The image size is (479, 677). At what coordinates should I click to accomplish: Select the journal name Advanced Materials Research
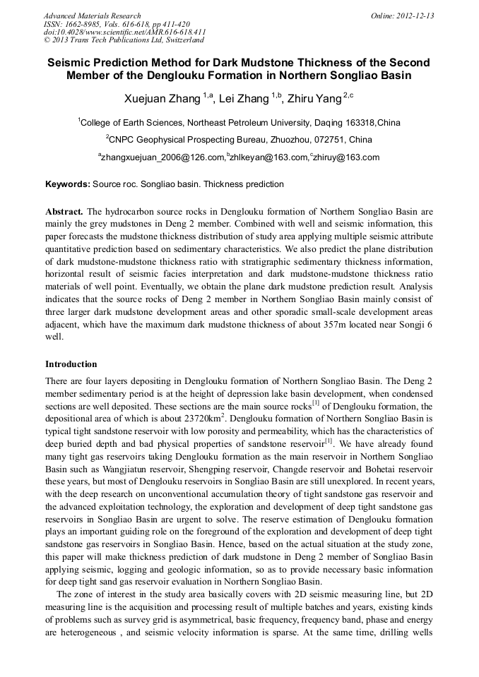point(92,16)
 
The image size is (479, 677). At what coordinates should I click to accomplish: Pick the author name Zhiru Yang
point(318,97)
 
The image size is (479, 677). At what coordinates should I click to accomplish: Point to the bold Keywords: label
point(68,184)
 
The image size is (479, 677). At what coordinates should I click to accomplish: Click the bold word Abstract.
point(64,212)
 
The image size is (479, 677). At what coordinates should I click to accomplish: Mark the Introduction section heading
point(71,364)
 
